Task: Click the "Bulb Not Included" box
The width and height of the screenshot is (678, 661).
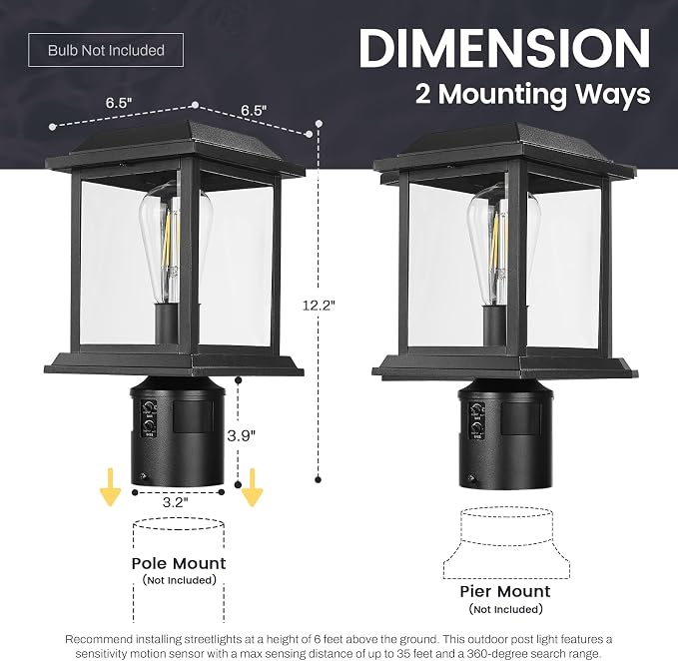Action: click(106, 50)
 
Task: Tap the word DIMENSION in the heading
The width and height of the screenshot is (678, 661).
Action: click(504, 48)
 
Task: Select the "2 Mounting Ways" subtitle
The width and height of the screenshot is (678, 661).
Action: click(533, 94)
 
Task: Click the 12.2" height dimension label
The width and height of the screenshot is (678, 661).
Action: click(319, 306)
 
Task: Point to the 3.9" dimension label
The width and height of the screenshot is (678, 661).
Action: click(242, 435)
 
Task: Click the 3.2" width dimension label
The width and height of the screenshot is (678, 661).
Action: click(175, 502)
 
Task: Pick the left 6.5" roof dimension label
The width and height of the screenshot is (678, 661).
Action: click(119, 103)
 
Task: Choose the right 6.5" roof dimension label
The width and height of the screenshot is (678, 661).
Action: click(254, 110)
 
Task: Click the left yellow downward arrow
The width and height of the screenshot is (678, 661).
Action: click(110, 487)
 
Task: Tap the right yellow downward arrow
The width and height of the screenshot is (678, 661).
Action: click(252, 487)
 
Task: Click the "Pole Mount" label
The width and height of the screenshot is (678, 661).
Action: click(179, 563)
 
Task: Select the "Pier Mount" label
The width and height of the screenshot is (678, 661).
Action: click(505, 591)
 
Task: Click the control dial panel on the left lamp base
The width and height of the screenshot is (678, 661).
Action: click(149, 419)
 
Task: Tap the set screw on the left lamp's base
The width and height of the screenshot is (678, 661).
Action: click(144, 476)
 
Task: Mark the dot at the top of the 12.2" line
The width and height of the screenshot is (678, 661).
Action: click(320, 124)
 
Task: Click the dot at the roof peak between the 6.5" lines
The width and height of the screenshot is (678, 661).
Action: click(195, 105)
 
